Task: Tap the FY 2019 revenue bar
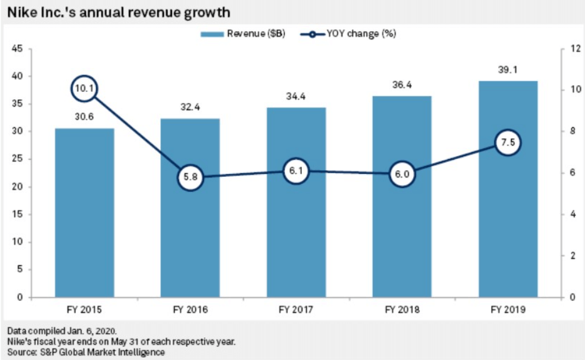click(x=508, y=220)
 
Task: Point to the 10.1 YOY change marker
click(x=84, y=89)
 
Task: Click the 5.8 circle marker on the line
click(x=190, y=178)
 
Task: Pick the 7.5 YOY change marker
click(x=508, y=143)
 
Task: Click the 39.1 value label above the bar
click(x=508, y=71)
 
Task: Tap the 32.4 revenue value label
click(x=190, y=108)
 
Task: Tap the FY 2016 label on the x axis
click(x=190, y=310)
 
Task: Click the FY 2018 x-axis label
click(x=402, y=310)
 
